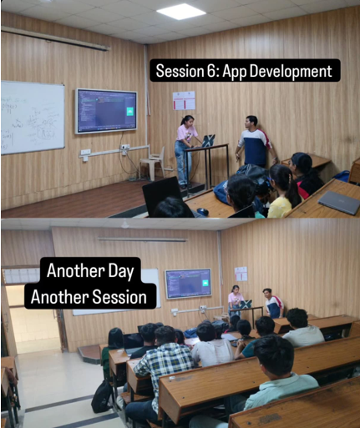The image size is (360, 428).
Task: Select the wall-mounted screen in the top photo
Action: pos(106,110)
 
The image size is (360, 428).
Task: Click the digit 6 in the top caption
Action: pos(210,70)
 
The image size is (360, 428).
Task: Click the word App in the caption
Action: pos(237,70)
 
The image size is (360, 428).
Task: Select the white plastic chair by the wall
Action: pos(154,163)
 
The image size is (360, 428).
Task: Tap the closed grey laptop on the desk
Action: pos(338,202)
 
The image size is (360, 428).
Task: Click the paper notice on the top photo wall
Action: pos(184,101)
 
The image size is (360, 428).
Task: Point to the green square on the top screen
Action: pos(129,111)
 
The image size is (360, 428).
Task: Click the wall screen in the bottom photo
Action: pos(188,284)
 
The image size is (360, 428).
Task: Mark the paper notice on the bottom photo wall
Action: pos(241,274)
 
